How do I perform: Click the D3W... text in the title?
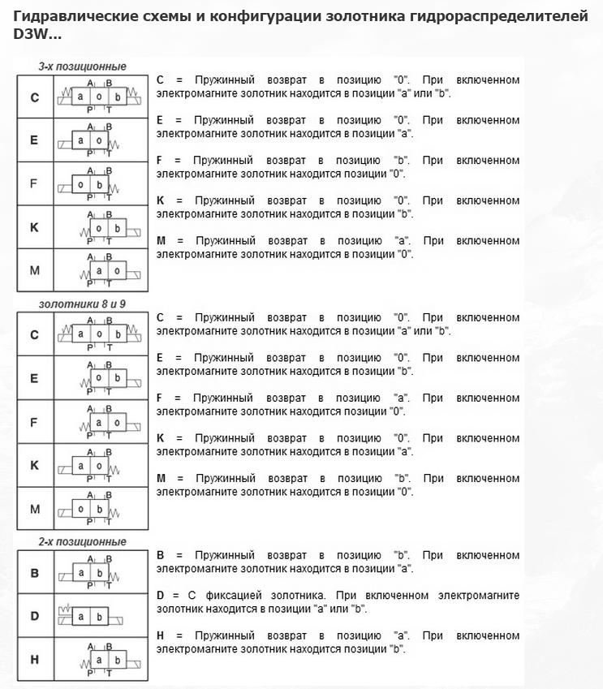click(x=37, y=35)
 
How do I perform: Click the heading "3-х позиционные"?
click(x=82, y=67)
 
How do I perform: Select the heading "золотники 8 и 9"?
click(x=82, y=304)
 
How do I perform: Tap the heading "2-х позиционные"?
click(x=82, y=541)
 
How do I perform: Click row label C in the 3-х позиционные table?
click(x=34, y=97)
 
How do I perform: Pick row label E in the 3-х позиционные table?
click(x=34, y=140)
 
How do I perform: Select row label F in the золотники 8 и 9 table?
click(x=34, y=422)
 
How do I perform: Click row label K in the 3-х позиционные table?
click(x=34, y=227)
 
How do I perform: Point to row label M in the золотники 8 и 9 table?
click(x=34, y=509)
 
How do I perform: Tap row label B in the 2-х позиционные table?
click(x=34, y=573)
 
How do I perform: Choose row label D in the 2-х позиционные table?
click(x=34, y=616)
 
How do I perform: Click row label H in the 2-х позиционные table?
click(x=34, y=659)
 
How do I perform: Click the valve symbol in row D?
click(x=90, y=617)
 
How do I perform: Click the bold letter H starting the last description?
click(x=161, y=635)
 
